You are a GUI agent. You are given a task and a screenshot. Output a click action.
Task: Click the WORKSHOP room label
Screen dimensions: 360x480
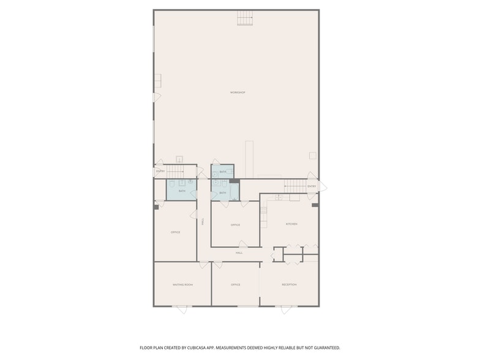(x=238, y=92)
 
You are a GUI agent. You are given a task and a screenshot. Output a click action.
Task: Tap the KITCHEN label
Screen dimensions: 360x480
(x=291, y=224)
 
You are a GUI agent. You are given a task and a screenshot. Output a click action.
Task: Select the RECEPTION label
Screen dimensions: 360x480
(x=289, y=285)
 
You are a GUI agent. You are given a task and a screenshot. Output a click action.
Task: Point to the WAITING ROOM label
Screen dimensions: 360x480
(x=182, y=285)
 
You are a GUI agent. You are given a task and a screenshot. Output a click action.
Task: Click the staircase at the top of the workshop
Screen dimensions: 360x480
(x=245, y=18)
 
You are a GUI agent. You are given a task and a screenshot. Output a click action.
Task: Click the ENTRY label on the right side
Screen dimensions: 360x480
(x=312, y=186)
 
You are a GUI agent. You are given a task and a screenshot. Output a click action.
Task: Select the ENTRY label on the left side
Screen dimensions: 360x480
(x=160, y=171)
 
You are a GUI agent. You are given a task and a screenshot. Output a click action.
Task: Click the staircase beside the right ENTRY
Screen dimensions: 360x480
(x=294, y=186)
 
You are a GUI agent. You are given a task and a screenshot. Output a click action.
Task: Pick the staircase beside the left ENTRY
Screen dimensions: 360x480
(x=176, y=171)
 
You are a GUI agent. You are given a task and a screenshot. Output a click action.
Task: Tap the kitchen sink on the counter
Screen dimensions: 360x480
(x=278, y=197)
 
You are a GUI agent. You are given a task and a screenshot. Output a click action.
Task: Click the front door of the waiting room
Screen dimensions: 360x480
(x=182, y=309)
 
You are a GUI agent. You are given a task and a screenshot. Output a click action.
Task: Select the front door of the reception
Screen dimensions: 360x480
(x=286, y=309)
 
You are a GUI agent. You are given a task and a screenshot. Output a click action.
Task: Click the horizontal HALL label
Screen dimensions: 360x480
(x=239, y=252)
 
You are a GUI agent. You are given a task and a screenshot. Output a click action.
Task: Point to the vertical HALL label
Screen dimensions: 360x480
(x=203, y=222)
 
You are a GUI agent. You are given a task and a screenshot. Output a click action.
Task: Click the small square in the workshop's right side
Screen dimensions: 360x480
(x=312, y=156)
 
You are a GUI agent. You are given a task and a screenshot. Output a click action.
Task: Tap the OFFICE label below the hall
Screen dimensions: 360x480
(x=235, y=285)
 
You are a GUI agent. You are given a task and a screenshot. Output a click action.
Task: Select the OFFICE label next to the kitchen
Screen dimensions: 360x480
(x=235, y=225)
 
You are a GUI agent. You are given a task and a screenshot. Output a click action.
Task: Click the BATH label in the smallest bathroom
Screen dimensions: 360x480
(x=223, y=172)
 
